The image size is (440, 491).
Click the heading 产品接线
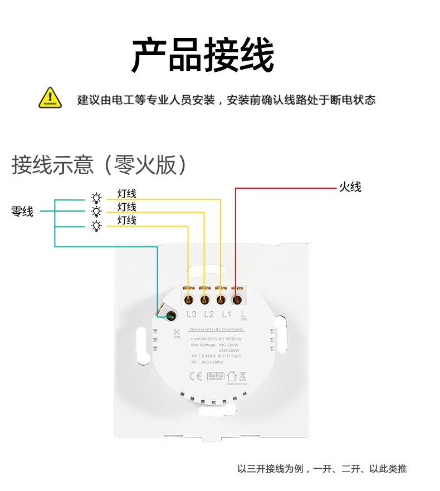pos(203,56)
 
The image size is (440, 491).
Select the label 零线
pos(22,212)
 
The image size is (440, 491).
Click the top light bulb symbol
pos(96,198)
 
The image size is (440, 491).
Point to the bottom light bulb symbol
pos(96,225)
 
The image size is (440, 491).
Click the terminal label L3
pos(192,315)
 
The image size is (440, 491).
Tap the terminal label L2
pos(209,315)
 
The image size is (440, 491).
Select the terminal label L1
pos(226,315)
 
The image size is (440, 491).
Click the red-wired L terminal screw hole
pos(238,300)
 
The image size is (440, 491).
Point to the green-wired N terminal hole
pos(170,316)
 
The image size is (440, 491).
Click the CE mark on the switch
pos(196,376)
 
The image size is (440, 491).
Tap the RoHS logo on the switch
pos(215,376)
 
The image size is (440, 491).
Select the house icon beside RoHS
pos(231,376)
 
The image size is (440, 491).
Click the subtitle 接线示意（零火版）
pos(99,165)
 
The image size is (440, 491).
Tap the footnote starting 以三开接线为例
pos(322,469)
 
